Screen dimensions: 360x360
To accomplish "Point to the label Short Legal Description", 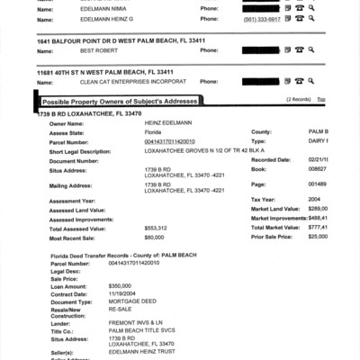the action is click(x=68, y=150).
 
